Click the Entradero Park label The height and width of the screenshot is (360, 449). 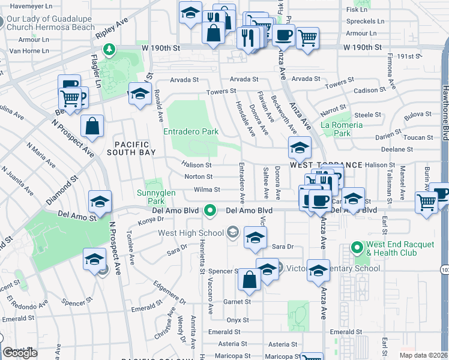click(191, 131)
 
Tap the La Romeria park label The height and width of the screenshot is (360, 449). click(342, 125)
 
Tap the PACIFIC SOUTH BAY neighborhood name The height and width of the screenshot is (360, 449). click(134, 149)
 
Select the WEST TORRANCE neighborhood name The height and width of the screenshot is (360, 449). click(326, 164)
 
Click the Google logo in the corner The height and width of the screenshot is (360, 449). click(20, 353)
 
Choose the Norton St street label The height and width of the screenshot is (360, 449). click(198, 177)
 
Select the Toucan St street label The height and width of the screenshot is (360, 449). click(422, 137)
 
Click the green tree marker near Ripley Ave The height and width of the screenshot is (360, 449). click(109, 49)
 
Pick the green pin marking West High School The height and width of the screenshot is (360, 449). click(209, 211)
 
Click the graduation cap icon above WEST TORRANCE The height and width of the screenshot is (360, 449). click(300, 146)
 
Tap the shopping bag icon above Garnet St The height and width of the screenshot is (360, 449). click(249, 280)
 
